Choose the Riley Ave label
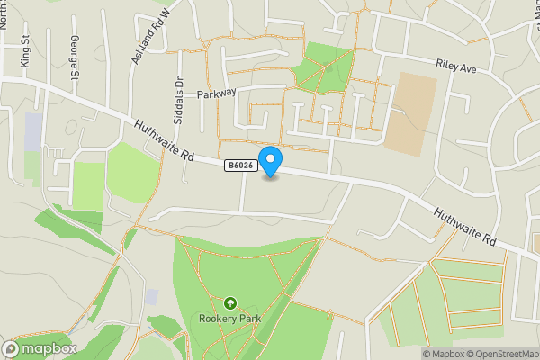[x=455, y=67]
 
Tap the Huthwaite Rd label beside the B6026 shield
[x=164, y=142]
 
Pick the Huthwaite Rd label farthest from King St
[x=464, y=227]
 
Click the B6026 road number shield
[x=239, y=166]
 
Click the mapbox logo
[x=40, y=348]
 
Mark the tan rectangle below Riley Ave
[x=409, y=112]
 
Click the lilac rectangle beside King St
[x=34, y=131]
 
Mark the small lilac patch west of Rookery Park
[x=151, y=296]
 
